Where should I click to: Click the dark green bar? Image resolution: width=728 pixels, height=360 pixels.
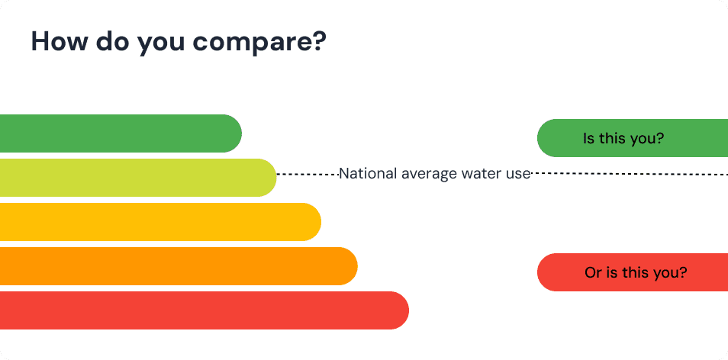(114, 133)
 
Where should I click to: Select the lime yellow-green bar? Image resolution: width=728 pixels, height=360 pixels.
(130, 178)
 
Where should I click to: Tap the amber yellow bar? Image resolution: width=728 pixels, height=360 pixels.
(153, 222)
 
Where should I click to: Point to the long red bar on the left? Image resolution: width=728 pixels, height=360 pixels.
(198, 310)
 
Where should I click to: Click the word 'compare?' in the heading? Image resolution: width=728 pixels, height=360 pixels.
(263, 41)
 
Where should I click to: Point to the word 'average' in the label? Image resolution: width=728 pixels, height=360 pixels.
(429, 174)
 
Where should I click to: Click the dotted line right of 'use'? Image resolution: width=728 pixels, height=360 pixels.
(626, 174)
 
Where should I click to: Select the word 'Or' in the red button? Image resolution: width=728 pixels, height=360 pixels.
(593, 272)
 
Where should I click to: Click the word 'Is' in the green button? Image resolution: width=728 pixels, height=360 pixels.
(588, 138)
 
